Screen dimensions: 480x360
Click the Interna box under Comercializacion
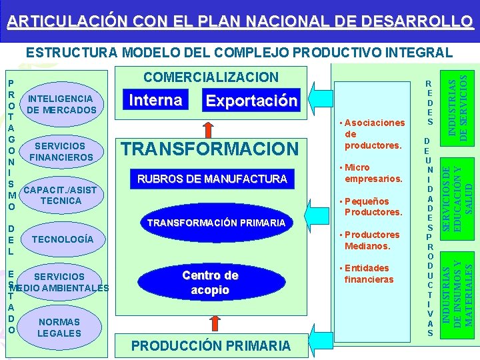coord(155,101)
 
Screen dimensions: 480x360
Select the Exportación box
coord(251,101)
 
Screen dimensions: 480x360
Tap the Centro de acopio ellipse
coord(210,283)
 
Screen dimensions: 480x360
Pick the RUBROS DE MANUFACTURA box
coord(211,179)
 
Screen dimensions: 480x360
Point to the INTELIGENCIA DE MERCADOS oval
coord(61,104)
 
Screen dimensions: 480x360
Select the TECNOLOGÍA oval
coord(61,239)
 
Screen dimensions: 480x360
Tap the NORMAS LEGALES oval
coord(59,327)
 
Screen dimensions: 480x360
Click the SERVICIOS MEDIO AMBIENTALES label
coord(59,282)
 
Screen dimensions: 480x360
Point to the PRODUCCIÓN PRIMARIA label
coord(211,345)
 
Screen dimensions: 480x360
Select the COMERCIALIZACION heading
coord(211,77)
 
